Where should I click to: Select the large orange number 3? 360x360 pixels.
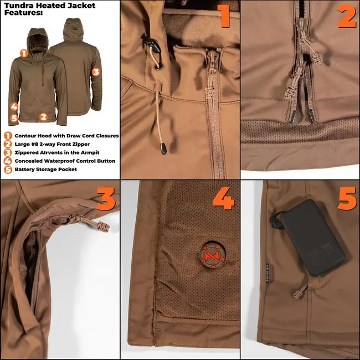click(x=106, y=199)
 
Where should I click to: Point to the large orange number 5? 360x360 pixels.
click(x=347, y=198)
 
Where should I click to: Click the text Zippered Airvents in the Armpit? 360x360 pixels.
click(x=57, y=152)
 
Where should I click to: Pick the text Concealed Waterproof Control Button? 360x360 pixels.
click(x=65, y=161)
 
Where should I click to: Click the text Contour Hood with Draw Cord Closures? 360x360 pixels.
click(x=66, y=136)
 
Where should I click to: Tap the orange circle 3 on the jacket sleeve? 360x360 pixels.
click(x=95, y=71)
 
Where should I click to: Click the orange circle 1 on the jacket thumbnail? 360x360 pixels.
click(x=24, y=53)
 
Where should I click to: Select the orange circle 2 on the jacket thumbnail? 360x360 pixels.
click(x=43, y=117)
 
